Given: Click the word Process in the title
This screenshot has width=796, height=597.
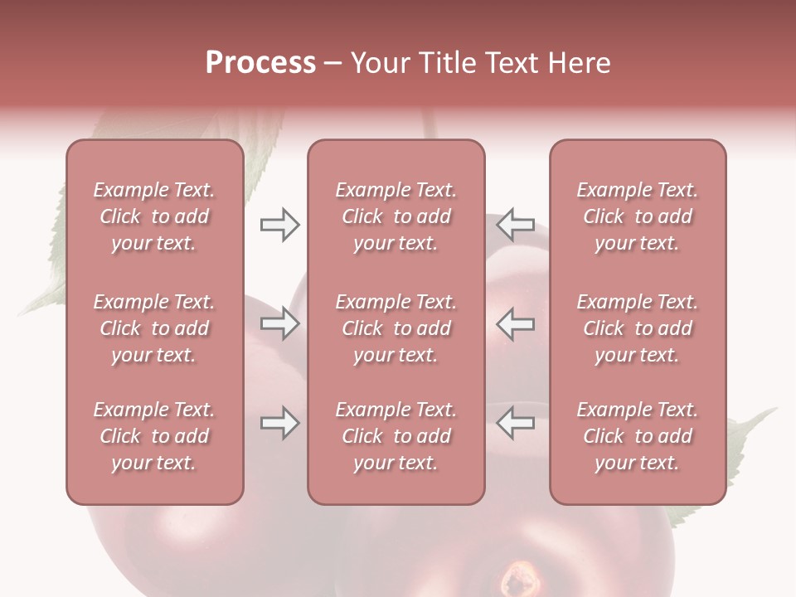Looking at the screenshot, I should tap(260, 63).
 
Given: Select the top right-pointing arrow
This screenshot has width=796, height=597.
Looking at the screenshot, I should tap(279, 225).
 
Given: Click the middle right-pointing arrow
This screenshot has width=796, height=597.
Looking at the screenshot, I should tap(279, 323).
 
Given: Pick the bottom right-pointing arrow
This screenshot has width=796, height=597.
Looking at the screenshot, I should tap(279, 423).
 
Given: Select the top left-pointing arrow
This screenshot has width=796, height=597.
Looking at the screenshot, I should tap(515, 225).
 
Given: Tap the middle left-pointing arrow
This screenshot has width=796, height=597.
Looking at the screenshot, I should tap(515, 323).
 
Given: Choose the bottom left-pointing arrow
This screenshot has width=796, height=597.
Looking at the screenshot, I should tap(515, 423).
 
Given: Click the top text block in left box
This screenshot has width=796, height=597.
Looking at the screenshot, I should tap(154, 216).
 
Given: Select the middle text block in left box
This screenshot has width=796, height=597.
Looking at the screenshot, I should tap(154, 328).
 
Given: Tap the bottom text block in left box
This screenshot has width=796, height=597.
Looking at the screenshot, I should tap(154, 436).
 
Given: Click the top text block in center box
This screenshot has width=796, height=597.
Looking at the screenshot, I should tap(396, 216).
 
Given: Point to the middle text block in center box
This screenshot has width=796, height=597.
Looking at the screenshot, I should tap(396, 328).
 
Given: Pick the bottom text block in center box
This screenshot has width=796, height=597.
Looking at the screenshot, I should tap(396, 436).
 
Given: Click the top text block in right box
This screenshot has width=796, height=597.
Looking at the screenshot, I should tap(637, 216).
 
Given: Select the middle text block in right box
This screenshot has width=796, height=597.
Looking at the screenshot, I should tap(637, 328).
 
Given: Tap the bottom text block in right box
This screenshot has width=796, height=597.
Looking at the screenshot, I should tap(637, 436).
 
